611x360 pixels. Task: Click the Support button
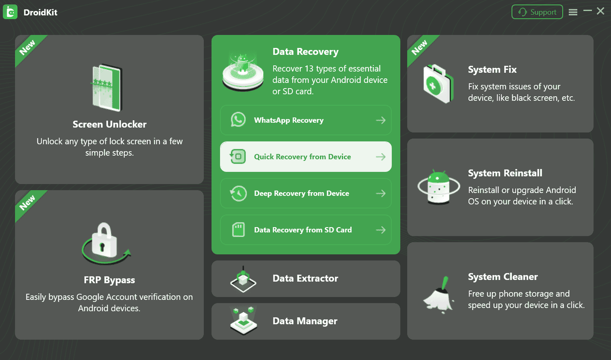[x=537, y=12]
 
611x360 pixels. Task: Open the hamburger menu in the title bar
[x=573, y=12]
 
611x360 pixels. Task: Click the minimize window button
[x=588, y=11]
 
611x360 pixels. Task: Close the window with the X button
[x=601, y=11]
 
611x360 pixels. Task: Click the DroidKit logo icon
[x=10, y=12]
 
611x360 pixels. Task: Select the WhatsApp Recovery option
[x=289, y=120]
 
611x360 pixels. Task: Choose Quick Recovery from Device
[x=302, y=157]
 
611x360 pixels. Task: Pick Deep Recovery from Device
[x=301, y=193]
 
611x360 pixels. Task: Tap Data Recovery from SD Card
[x=303, y=230]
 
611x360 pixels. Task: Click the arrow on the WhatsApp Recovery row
[x=380, y=120]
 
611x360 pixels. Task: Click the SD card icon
[x=238, y=230]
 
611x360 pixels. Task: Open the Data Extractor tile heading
[x=305, y=279]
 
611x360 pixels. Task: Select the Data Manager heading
[x=304, y=321]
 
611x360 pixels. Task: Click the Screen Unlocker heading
[x=109, y=124]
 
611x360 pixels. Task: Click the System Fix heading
[x=492, y=70]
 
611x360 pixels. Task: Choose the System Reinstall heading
[x=505, y=173]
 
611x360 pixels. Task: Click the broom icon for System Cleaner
[x=438, y=294]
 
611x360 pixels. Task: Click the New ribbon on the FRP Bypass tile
[x=28, y=203]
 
